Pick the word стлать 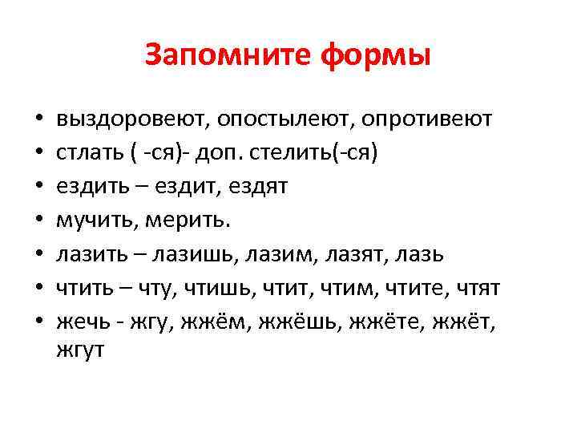[x=86, y=152]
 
